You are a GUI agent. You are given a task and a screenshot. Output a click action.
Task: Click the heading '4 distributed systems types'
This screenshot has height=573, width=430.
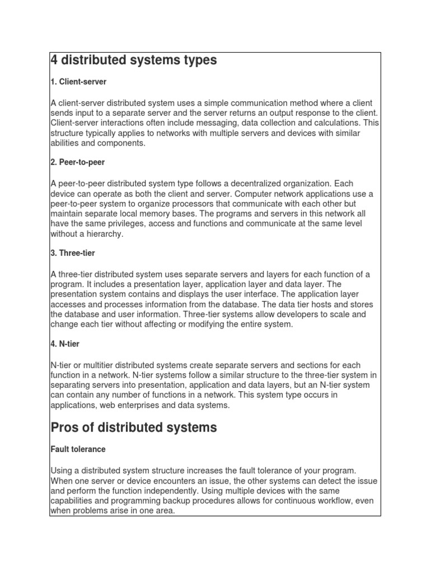133,60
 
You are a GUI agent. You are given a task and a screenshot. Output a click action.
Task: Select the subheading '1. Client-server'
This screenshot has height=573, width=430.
78,82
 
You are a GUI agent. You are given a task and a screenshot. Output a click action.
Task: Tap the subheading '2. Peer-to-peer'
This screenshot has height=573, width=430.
78,162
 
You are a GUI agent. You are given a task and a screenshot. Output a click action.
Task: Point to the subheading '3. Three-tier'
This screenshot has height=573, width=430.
73,253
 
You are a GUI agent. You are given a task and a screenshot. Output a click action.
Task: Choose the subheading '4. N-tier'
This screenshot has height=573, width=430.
65,344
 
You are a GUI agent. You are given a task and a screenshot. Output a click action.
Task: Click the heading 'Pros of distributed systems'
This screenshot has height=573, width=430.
133,428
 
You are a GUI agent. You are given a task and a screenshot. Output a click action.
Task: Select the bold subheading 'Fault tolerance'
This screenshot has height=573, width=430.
78,449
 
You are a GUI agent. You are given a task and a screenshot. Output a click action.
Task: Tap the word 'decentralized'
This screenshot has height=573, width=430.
270,184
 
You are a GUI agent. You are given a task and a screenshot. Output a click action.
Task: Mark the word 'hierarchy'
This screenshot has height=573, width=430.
102,234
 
